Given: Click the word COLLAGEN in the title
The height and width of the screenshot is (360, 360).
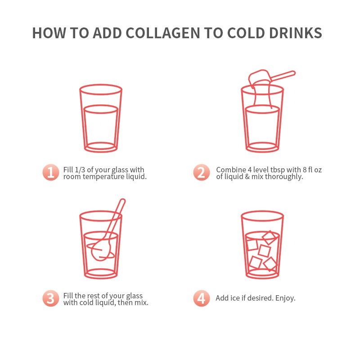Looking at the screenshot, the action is pyautogui.click(x=163, y=33).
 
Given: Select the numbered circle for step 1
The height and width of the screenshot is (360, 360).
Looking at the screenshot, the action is pyautogui.click(x=51, y=172).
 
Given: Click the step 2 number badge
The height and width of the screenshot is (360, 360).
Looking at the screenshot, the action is pyautogui.click(x=201, y=172).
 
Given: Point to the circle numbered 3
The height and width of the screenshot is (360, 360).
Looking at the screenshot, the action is pyautogui.click(x=51, y=298).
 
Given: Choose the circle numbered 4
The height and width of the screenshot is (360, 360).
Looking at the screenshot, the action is pyautogui.click(x=201, y=298).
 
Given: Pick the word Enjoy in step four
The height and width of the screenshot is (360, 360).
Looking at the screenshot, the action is pyautogui.click(x=285, y=298).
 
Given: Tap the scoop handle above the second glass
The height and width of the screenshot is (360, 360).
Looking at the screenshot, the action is pyautogui.click(x=283, y=76).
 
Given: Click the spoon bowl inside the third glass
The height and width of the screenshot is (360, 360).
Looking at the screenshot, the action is pyautogui.click(x=101, y=250).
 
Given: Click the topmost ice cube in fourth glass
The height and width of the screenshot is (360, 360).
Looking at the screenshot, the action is pyautogui.click(x=269, y=238).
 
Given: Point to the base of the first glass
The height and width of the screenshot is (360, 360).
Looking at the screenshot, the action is pyautogui.click(x=101, y=148).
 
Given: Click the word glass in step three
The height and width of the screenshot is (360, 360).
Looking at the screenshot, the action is pyautogui.click(x=134, y=296).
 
